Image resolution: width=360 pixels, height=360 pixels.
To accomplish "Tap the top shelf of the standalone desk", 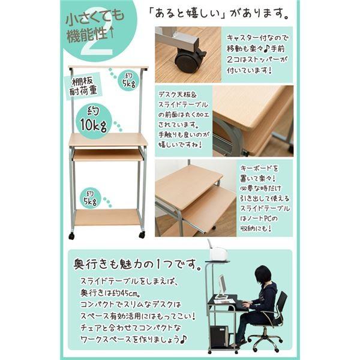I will pos(108,67).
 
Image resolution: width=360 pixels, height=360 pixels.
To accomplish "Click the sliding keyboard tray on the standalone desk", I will pos(108,155).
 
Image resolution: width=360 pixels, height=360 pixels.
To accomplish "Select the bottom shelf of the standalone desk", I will pos(107,217).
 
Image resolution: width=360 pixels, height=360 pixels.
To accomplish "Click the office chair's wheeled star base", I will pos(268,341).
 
